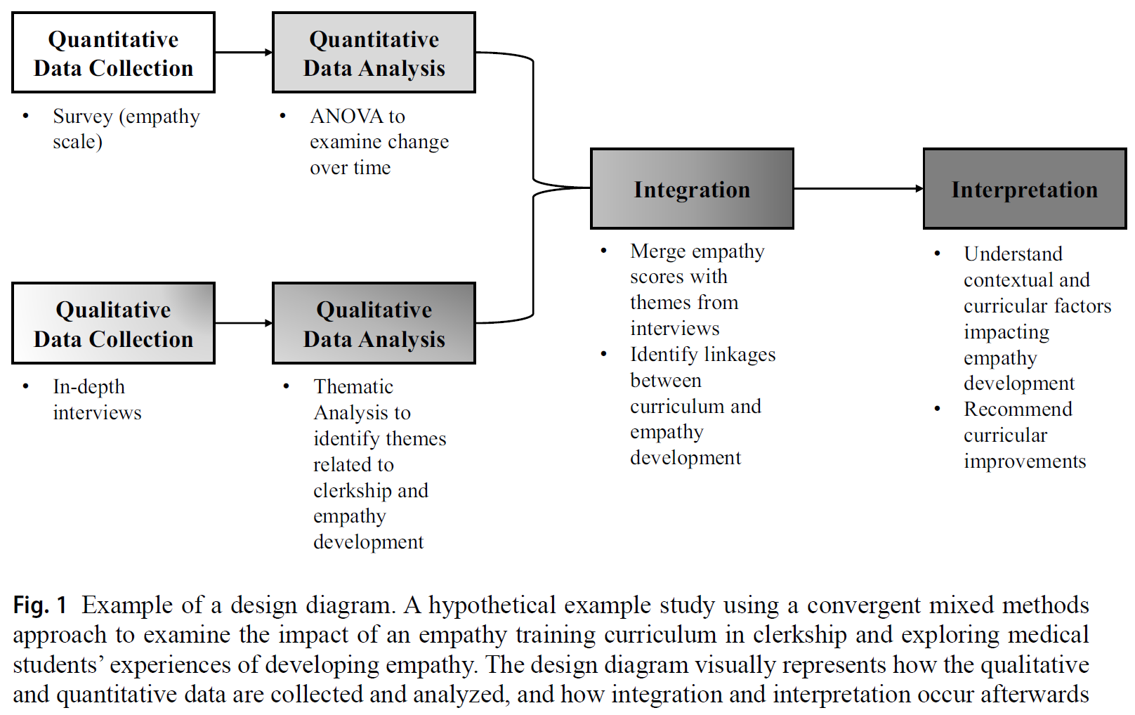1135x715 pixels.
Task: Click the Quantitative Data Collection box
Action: (113, 53)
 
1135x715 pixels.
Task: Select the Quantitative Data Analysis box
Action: (374, 53)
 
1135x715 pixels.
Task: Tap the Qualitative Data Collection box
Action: (113, 323)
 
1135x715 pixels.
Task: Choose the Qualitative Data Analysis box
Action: (374, 323)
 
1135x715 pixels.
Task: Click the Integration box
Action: (692, 189)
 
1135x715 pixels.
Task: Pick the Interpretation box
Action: (1024, 189)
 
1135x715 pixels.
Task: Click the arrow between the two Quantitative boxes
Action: (243, 52)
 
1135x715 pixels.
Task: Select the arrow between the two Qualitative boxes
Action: (243, 323)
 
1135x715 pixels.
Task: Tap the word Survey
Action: (83, 116)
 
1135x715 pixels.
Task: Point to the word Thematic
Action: (353, 386)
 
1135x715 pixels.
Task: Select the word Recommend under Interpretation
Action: (1018, 409)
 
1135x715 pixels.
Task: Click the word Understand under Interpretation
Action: (1013, 254)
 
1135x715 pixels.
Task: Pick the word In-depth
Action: (88, 386)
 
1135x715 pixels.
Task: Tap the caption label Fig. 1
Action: (39, 605)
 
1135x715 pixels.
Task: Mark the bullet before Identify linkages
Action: (603, 354)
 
